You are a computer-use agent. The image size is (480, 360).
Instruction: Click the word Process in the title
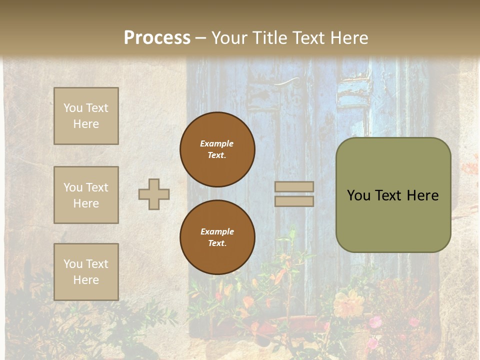[x=157, y=38]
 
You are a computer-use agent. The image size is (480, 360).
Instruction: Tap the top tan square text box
[x=86, y=116]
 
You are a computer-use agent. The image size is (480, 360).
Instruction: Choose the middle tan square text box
[x=86, y=195]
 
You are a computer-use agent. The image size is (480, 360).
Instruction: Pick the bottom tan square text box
[x=86, y=272]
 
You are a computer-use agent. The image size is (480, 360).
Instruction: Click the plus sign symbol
[x=154, y=194]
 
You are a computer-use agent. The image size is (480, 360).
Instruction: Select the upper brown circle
[x=217, y=149]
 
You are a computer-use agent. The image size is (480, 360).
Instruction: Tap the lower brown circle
[x=217, y=237]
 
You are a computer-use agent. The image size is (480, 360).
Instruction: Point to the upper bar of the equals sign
[x=294, y=187]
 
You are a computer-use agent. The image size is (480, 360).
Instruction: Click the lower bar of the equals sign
[x=294, y=201]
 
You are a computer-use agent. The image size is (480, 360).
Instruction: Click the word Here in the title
[x=346, y=38]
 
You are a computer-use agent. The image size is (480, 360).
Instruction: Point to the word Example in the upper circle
[x=217, y=143]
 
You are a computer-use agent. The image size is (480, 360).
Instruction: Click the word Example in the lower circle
[x=217, y=231]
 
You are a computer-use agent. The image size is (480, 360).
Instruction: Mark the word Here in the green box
[x=422, y=195]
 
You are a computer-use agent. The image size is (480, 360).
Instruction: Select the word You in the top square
[x=73, y=108]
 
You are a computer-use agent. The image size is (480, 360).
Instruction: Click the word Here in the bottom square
[x=86, y=280]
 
